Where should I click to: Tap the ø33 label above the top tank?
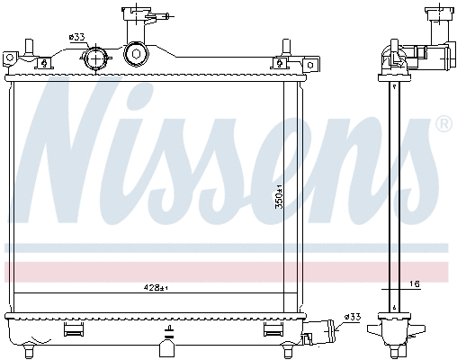click(76, 38)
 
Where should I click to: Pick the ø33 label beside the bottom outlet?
click(352, 316)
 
